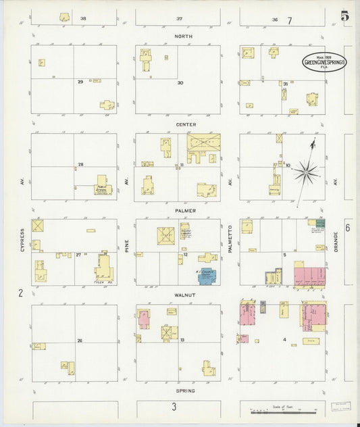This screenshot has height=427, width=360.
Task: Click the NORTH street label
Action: [183, 36]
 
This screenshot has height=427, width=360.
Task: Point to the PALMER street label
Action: [186, 210]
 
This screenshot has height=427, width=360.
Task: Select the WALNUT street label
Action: [185, 295]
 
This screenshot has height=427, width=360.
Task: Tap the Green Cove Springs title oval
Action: [325, 61]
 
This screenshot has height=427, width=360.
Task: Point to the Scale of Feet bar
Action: [284, 409]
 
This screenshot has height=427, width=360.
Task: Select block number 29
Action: [80, 82]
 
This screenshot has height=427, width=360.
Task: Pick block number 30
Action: [180, 82]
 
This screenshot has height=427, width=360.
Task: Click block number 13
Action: [183, 341]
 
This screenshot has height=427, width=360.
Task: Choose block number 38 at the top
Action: [83, 18]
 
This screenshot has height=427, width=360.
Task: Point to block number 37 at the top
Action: [180, 18]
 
